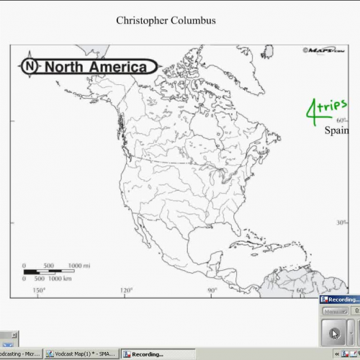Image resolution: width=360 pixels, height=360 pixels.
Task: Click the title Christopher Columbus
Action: coord(166,20)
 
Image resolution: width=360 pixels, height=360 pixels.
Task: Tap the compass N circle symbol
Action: coord(30,67)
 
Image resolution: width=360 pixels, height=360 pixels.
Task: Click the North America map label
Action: coord(99,67)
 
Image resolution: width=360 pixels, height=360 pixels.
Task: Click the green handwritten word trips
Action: coord(339,105)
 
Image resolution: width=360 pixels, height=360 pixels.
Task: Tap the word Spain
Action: coord(336,131)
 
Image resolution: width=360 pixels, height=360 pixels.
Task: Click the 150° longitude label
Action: coord(39,290)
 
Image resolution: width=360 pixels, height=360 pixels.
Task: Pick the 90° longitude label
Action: coord(213,290)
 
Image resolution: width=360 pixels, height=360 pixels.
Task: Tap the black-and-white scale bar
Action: coord(50,271)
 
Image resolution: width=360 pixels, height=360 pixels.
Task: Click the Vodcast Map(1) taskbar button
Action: coord(81,354)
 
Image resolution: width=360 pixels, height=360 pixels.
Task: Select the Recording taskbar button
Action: coord(147,354)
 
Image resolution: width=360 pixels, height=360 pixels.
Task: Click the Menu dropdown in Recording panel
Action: coord(333,312)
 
